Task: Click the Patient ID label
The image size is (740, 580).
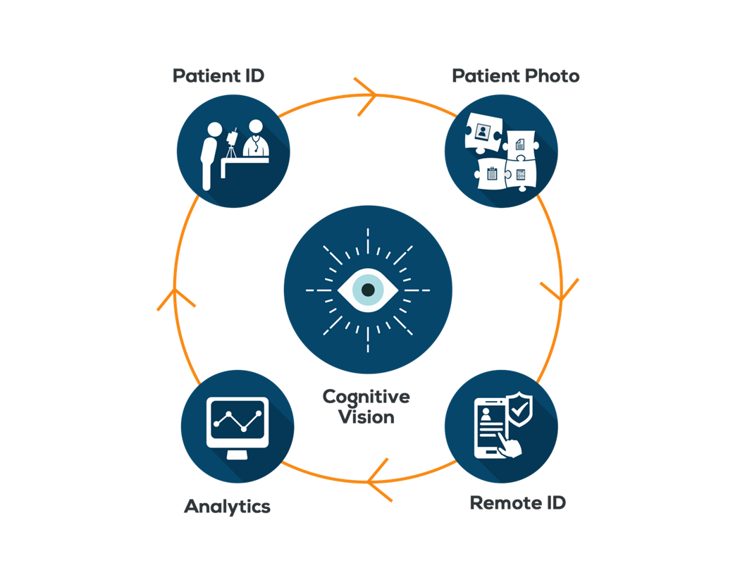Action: coord(218,75)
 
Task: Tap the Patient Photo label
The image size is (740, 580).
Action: coord(515,75)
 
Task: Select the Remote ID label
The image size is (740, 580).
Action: coord(517,503)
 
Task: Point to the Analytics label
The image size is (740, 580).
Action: coord(227,506)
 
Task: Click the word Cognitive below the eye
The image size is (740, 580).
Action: coord(366,396)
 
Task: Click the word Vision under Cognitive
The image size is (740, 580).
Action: coord(366,417)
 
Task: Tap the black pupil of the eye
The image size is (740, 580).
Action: coord(367,290)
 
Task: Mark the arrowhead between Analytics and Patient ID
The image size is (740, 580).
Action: coord(175,296)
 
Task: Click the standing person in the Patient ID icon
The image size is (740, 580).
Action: coord(209,154)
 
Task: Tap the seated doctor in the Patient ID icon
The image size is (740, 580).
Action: coord(255,140)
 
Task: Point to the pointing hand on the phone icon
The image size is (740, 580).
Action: coord(510,445)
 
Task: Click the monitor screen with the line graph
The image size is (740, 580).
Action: coord(237,420)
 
